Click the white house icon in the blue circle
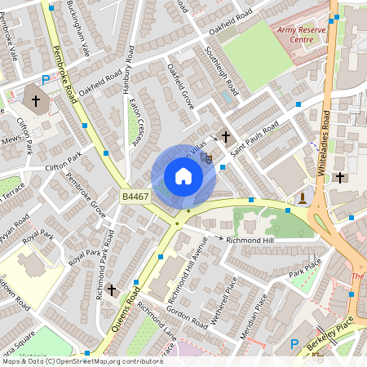tap(183, 176)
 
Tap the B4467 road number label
tap(135, 197)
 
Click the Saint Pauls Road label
tap(254, 138)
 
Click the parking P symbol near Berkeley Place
tap(295, 344)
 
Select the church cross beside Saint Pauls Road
tap(225, 138)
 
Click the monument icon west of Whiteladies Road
tap(303, 197)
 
